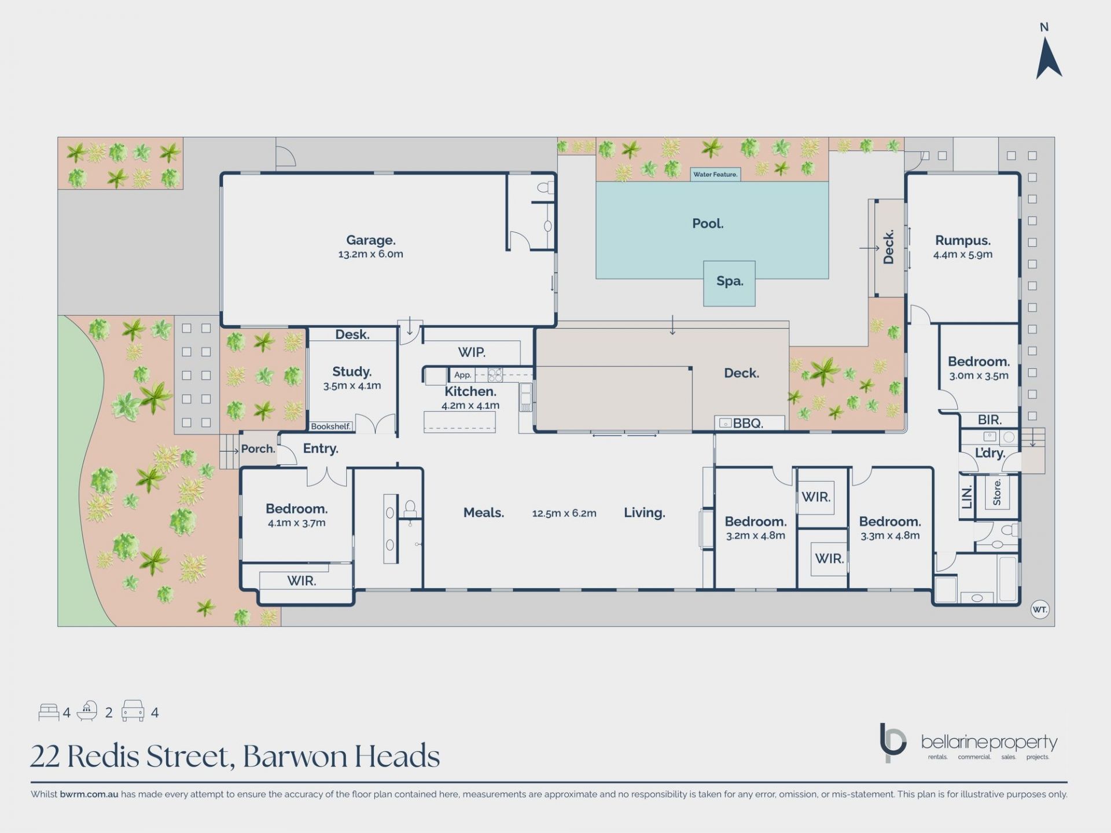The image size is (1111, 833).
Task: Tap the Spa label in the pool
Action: (x=730, y=281)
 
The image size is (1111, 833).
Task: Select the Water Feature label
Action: (x=715, y=174)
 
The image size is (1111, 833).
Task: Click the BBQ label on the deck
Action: (x=748, y=423)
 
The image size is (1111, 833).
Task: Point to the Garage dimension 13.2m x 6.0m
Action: (x=371, y=254)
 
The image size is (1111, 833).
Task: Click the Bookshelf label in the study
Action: (x=331, y=426)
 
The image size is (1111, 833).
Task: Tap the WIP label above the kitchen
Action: (x=472, y=352)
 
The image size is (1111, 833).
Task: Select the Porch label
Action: (x=258, y=449)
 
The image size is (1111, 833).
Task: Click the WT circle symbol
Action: (x=1040, y=609)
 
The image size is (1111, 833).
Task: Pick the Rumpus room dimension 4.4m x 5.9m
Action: (x=963, y=255)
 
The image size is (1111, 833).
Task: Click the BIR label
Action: (x=989, y=420)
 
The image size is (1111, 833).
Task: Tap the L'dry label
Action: (x=990, y=453)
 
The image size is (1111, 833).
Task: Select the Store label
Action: (x=997, y=492)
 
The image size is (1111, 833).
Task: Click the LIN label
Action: (x=967, y=496)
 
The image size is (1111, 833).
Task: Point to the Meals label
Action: (x=484, y=513)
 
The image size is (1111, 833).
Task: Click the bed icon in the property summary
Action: (x=49, y=712)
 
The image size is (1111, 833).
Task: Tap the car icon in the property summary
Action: (x=133, y=711)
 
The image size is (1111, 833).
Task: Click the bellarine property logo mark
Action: (x=892, y=742)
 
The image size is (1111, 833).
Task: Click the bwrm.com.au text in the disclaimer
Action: (x=89, y=794)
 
